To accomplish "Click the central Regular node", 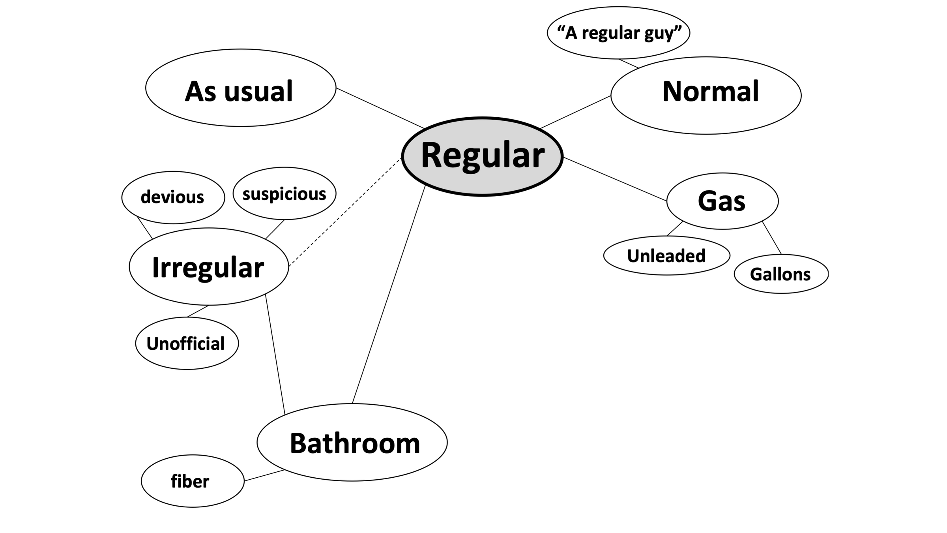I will point(482,156).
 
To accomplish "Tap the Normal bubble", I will point(706,95).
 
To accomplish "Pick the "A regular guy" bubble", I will point(618,33).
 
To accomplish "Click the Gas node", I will point(722,201).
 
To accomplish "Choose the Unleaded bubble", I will point(666,255).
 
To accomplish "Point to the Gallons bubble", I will point(781,274).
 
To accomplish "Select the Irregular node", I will point(209,266).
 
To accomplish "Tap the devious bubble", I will point(173,197).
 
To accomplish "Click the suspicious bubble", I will point(284,193).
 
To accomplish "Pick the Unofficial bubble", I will point(187,343).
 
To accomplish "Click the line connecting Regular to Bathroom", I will point(389,294).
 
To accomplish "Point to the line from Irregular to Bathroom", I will point(275,354).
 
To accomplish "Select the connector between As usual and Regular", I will point(380,108).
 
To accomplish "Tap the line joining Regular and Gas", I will point(615,179).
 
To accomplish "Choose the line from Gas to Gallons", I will point(771,238).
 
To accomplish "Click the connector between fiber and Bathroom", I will point(264,475).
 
